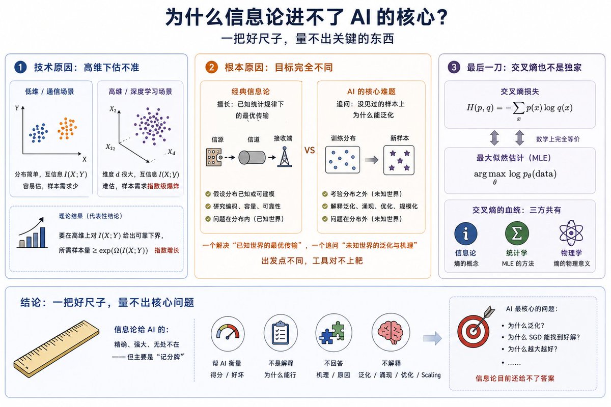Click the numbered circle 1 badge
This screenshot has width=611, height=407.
pyautogui.click(x=20, y=67)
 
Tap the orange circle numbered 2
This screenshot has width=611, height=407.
pyautogui.click(x=211, y=67)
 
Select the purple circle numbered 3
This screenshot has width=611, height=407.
pyautogui.click(x=454, y=67)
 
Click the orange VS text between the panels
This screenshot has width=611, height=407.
pyautogui.click(x=310, y=150)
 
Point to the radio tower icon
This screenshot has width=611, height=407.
pyautogui.click(x=285, y=157)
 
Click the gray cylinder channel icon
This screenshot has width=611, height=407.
pyautogui.click(x=252, y=158)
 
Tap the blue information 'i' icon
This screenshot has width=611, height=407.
pyautogui.click(x=465, y=234)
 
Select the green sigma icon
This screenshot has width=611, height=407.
pyautogui.click(x=517, y=234)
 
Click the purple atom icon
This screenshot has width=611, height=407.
pyautogui.click(x=571, y=233)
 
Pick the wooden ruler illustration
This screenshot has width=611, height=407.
pyautogui.click(x=57, y=348)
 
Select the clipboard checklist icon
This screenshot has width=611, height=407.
pyautogui.click(x=281, y=333)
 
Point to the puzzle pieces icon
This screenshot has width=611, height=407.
pyautogui.click(x=333, y=333)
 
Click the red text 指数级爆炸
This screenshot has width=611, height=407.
pyautogui.click(x=163, y=186)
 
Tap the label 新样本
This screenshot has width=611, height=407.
pyautogui.click(x=400, y=138)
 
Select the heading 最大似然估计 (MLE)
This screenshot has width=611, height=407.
pyautogui.click(x=514, y=158)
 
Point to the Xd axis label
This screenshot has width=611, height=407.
pyautogui.click(x=172, y=152)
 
